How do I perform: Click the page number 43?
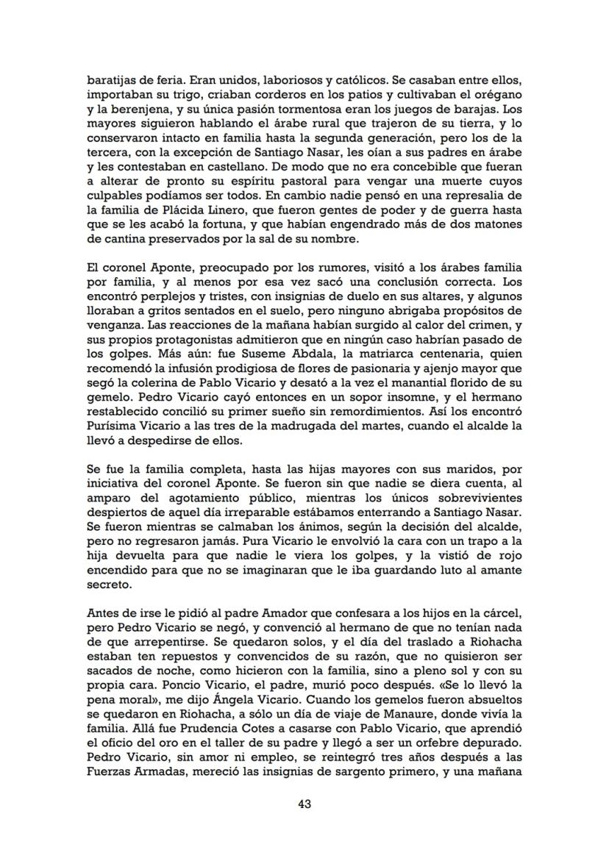pos(304,804)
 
